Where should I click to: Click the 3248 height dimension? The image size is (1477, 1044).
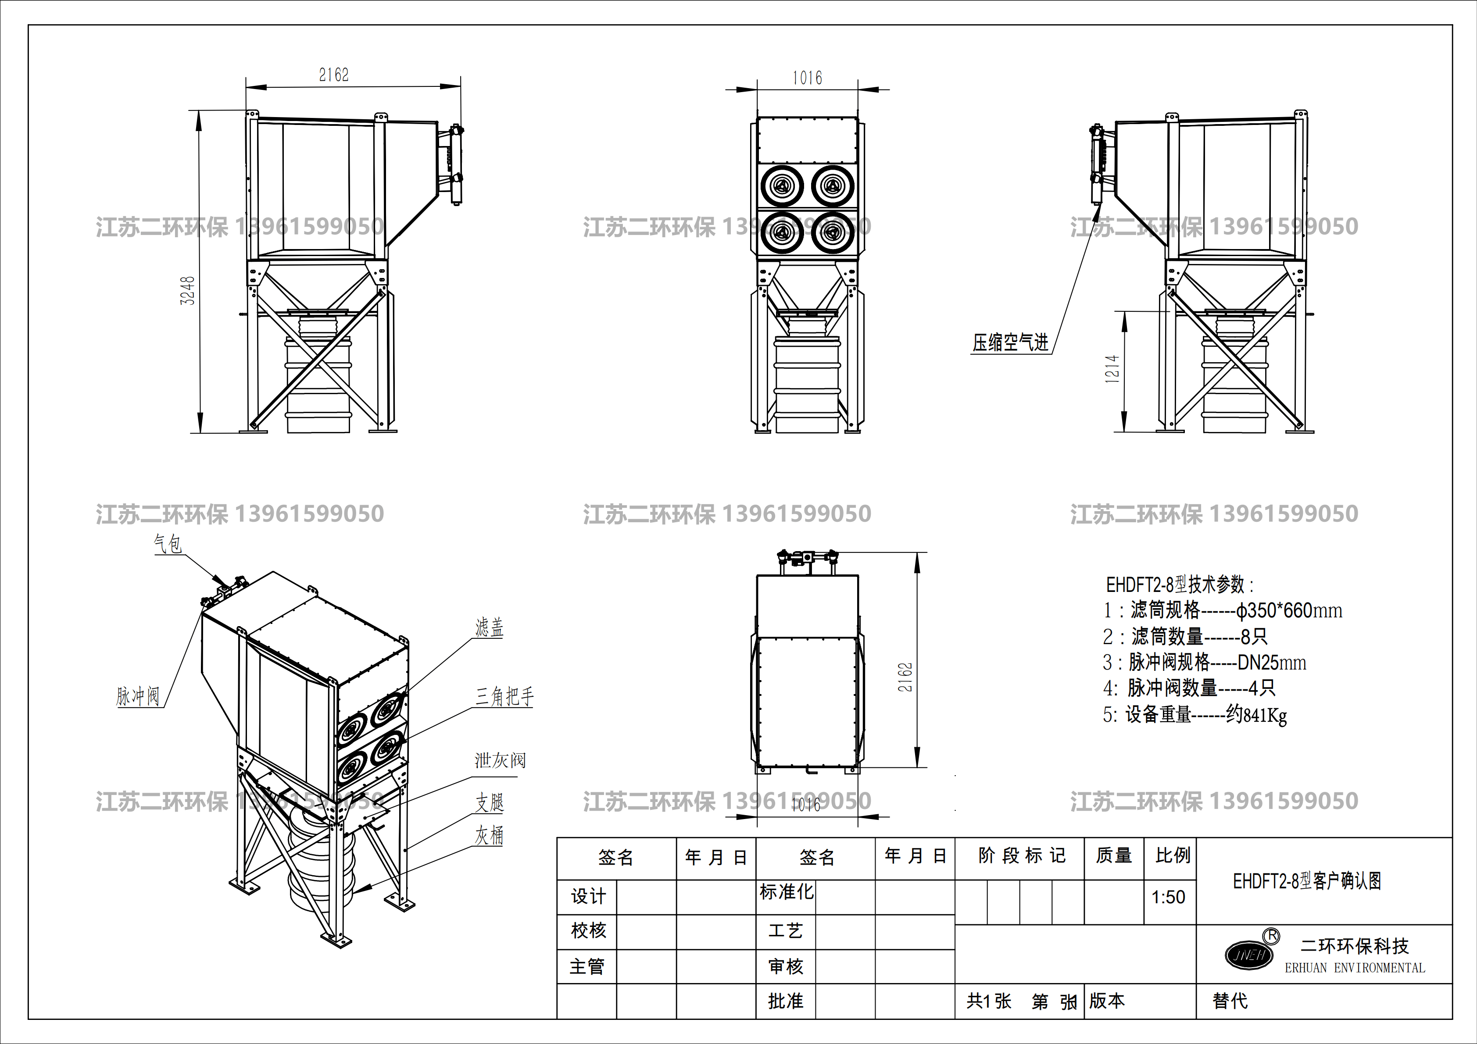tap(187, 291)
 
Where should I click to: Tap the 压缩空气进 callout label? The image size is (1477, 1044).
tap(1010, 342)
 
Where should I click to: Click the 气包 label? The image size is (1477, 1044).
tap(167, 544)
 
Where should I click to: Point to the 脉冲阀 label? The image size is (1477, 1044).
tap(138, 695)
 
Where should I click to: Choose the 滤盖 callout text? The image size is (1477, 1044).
tap(489, 627)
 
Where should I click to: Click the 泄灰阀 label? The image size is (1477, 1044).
tap(500, 760)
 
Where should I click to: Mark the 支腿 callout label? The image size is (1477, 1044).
tap(489, 802)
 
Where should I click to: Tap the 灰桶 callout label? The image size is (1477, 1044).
tap(489, 835)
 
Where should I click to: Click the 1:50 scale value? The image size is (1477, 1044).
tap(1168, 897)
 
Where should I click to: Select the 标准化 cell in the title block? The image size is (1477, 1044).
tap(786, 892)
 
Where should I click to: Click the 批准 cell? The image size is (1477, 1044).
tap(786, 1001)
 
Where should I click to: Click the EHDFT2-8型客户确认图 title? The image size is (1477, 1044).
tap(1306, 881)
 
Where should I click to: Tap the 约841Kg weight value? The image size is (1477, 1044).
tap(1256, 715)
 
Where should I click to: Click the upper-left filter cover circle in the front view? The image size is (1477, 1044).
tap(782, 186)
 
